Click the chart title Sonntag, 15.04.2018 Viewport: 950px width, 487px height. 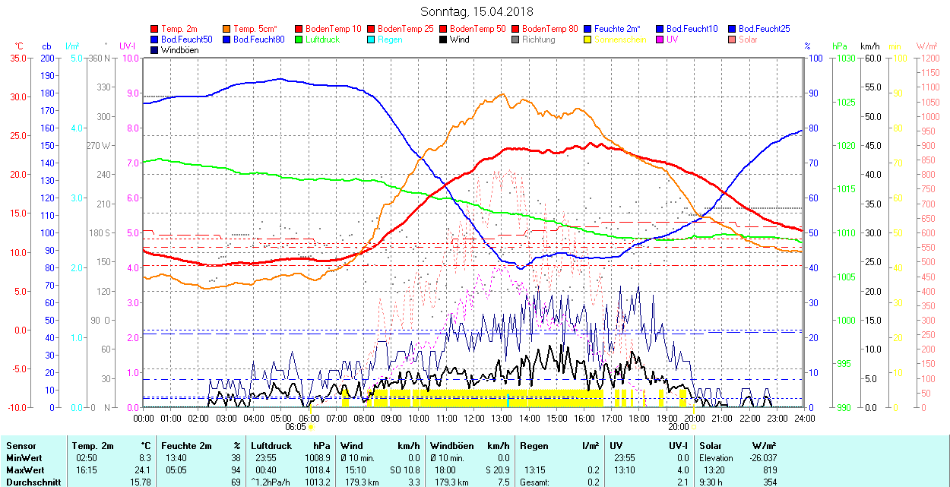[477, 11]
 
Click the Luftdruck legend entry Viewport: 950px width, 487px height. [322, 40]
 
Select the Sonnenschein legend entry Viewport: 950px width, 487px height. [620, 40]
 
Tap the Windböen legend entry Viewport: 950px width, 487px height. [179, 50]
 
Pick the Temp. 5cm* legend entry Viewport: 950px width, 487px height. [255, 29]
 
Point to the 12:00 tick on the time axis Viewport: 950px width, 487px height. [473, 418]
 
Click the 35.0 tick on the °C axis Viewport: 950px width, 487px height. [15, 58]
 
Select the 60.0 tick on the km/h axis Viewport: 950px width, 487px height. [871, 58]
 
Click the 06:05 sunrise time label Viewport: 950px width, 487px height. [295, 427]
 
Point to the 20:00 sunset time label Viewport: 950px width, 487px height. [678, 427]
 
